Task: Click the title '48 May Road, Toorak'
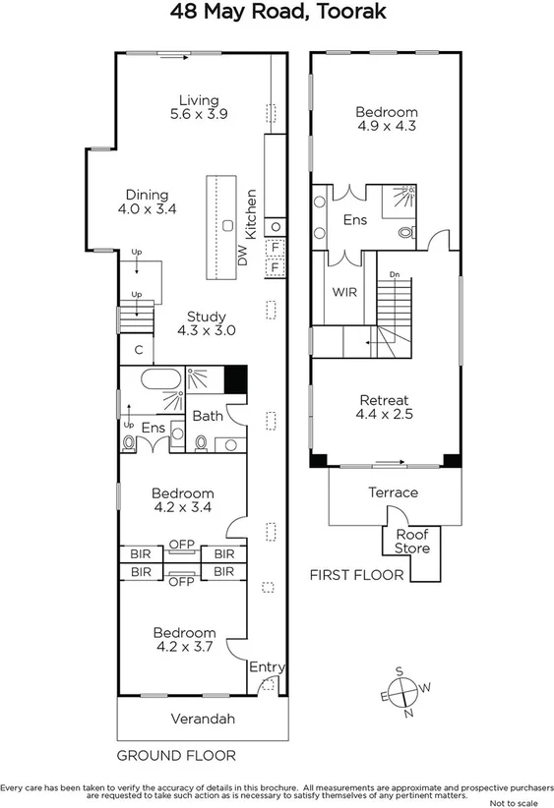click(277, 13)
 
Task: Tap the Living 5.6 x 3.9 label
click(199, 107)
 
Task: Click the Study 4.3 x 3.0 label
click(202, 323)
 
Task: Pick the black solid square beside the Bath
click(235, 378)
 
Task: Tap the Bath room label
click(208, 416)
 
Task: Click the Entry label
click(266, 667)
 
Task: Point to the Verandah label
click(204, 720)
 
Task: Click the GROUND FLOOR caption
click(176, 755)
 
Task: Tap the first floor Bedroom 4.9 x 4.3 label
click(387, 120)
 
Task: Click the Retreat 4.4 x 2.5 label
click(386, 407)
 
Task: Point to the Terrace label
click(394, 492)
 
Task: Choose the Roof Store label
click(412, 542)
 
